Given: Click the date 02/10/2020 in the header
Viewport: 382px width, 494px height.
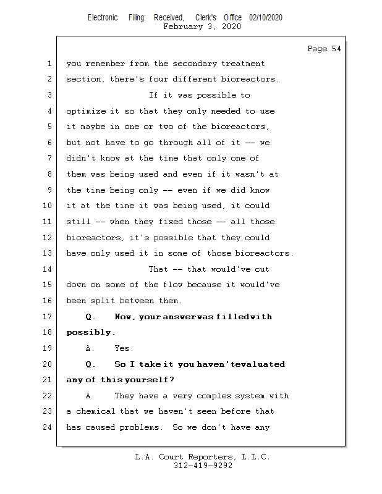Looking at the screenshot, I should (x=266, y=18).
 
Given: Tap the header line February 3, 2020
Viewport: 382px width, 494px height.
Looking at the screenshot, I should (x=202, y=27).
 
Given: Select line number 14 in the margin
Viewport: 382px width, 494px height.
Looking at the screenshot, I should (x=49, y=269).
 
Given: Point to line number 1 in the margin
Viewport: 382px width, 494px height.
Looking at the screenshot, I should (x=49, y=64).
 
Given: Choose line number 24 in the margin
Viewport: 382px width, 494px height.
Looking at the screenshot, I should (x=49, y=427).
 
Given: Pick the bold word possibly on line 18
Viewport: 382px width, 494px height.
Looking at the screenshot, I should (x=90, y=332).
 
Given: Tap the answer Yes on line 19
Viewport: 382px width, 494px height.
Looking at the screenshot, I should (x=124, y=348).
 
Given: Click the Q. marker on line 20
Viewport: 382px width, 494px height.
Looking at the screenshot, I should (x=91, y=364).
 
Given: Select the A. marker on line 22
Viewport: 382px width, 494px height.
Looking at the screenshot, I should (x=91, y=396).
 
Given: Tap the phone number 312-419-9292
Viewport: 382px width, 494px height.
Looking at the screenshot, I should (x=203, y=466).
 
